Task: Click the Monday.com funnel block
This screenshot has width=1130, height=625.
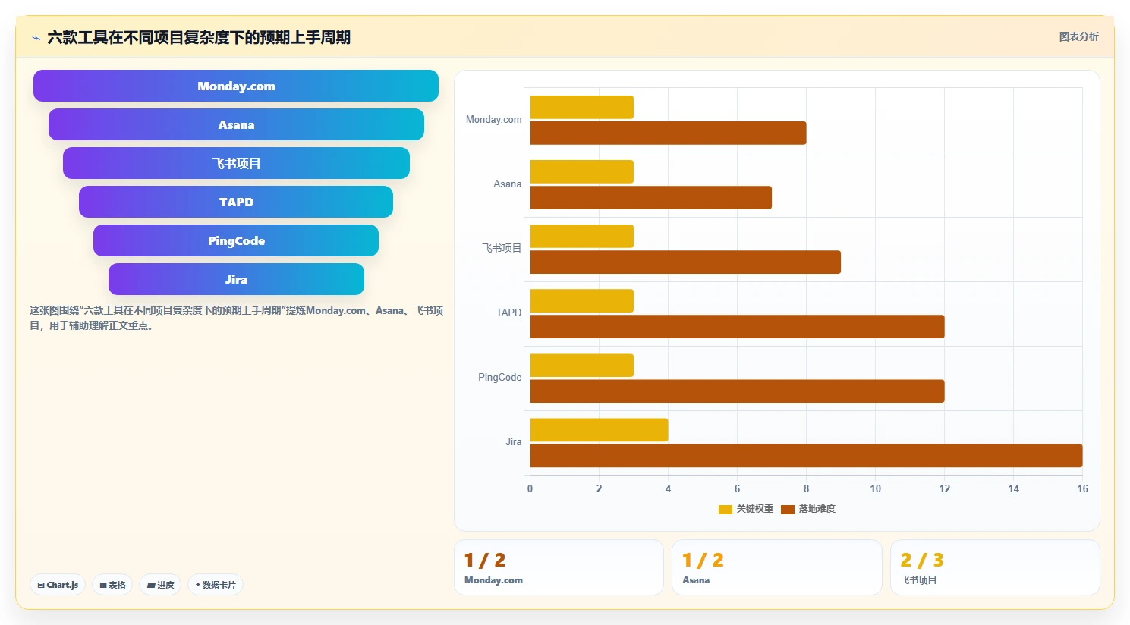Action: point(235,86)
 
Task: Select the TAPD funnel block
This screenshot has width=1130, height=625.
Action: point(235,202)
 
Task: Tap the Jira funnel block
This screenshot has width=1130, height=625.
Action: point(236,279)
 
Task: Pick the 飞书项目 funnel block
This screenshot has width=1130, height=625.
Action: point(236,163)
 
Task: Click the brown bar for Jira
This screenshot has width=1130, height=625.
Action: point(806,456)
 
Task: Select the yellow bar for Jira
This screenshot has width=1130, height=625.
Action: point(599,430)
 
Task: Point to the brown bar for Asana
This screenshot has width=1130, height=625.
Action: point(651,197)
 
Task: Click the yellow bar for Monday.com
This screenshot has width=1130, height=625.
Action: point(581,108)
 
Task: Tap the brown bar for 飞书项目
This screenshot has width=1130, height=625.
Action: point(685,262)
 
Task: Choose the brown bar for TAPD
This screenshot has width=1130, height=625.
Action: point(737,327)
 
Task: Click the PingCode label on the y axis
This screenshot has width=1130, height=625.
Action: point(499,378)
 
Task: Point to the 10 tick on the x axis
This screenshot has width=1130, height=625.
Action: point(875,488)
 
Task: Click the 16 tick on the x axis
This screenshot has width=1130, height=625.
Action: point(1083,488)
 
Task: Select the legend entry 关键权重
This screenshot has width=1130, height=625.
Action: point(745,509)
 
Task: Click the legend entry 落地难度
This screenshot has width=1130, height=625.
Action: point(808,509)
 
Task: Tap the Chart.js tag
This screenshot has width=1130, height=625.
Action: point(58,585)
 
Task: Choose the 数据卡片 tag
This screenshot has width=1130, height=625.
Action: point(216,585)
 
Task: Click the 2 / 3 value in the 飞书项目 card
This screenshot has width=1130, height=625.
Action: point(921,560)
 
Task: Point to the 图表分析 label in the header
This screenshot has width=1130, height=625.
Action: point(1078,37)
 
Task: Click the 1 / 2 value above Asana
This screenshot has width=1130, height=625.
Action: point(703,560)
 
